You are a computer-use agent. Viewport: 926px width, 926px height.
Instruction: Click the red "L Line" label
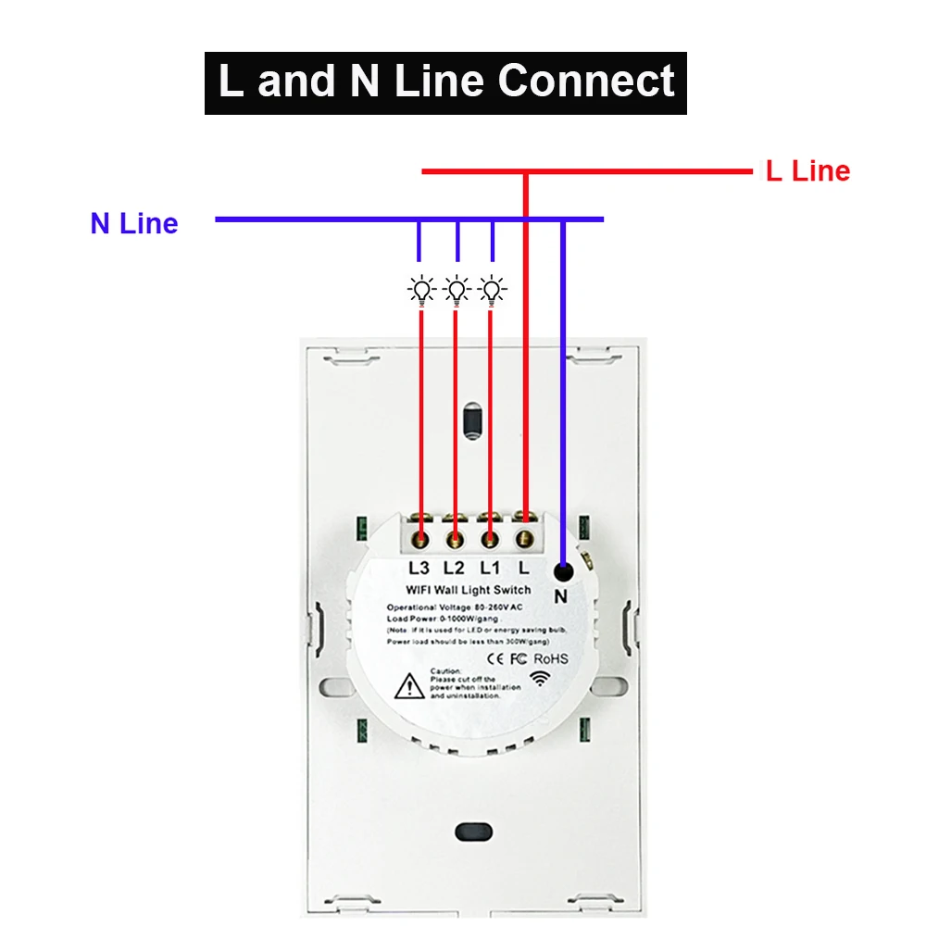coord(807,170)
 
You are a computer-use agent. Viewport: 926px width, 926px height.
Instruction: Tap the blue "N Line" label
coord(134,223)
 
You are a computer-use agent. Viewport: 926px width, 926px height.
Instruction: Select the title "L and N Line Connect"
coord(445,81)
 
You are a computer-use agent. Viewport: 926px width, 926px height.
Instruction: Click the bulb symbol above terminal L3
coord(421,291)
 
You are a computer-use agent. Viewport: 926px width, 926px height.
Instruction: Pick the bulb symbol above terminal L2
coord(457,291)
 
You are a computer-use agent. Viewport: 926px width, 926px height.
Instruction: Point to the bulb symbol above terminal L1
coord(492,291)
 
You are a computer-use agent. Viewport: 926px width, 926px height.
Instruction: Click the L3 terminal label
coord(419,568)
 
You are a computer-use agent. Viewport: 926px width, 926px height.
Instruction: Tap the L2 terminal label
coord(454,568)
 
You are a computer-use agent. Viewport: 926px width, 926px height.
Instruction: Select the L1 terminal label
coord(489,568)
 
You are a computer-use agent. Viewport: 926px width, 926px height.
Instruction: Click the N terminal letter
coord(560,597)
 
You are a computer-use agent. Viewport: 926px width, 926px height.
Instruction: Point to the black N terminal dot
coord(563,572)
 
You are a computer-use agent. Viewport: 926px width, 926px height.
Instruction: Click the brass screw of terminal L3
coord(421,537)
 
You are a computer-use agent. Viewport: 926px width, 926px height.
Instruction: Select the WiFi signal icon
coord(539,678)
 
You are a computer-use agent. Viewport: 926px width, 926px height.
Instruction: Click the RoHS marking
coord(550,658)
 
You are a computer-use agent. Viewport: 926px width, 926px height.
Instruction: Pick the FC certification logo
coord(519,658)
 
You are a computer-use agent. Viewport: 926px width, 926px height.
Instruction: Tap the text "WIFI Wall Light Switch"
coord(469,590)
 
